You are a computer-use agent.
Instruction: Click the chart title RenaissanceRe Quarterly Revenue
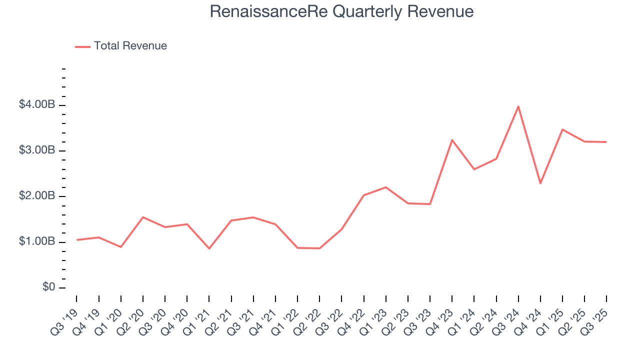coord(341,11)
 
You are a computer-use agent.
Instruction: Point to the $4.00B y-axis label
coord(36,105)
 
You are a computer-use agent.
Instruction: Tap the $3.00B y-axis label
coord(36,150)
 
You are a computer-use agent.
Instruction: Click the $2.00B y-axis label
coord(36,196)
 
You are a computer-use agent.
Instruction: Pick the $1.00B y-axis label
coord(36,242)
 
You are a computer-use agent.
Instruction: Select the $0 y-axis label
coord(48,287)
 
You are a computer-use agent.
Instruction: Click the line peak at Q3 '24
coord(518,106)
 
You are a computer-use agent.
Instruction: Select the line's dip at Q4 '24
coord(540,183)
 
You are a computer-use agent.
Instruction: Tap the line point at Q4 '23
coord(452,140)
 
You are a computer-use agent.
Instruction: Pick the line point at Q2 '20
coord(143,217)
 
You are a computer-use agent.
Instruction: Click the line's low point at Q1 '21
coord(209,248)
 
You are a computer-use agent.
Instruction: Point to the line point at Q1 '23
coord(386,187)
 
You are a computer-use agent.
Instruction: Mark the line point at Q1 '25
coord(562,129)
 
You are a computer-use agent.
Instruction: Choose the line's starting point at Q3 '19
coord(77,240)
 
